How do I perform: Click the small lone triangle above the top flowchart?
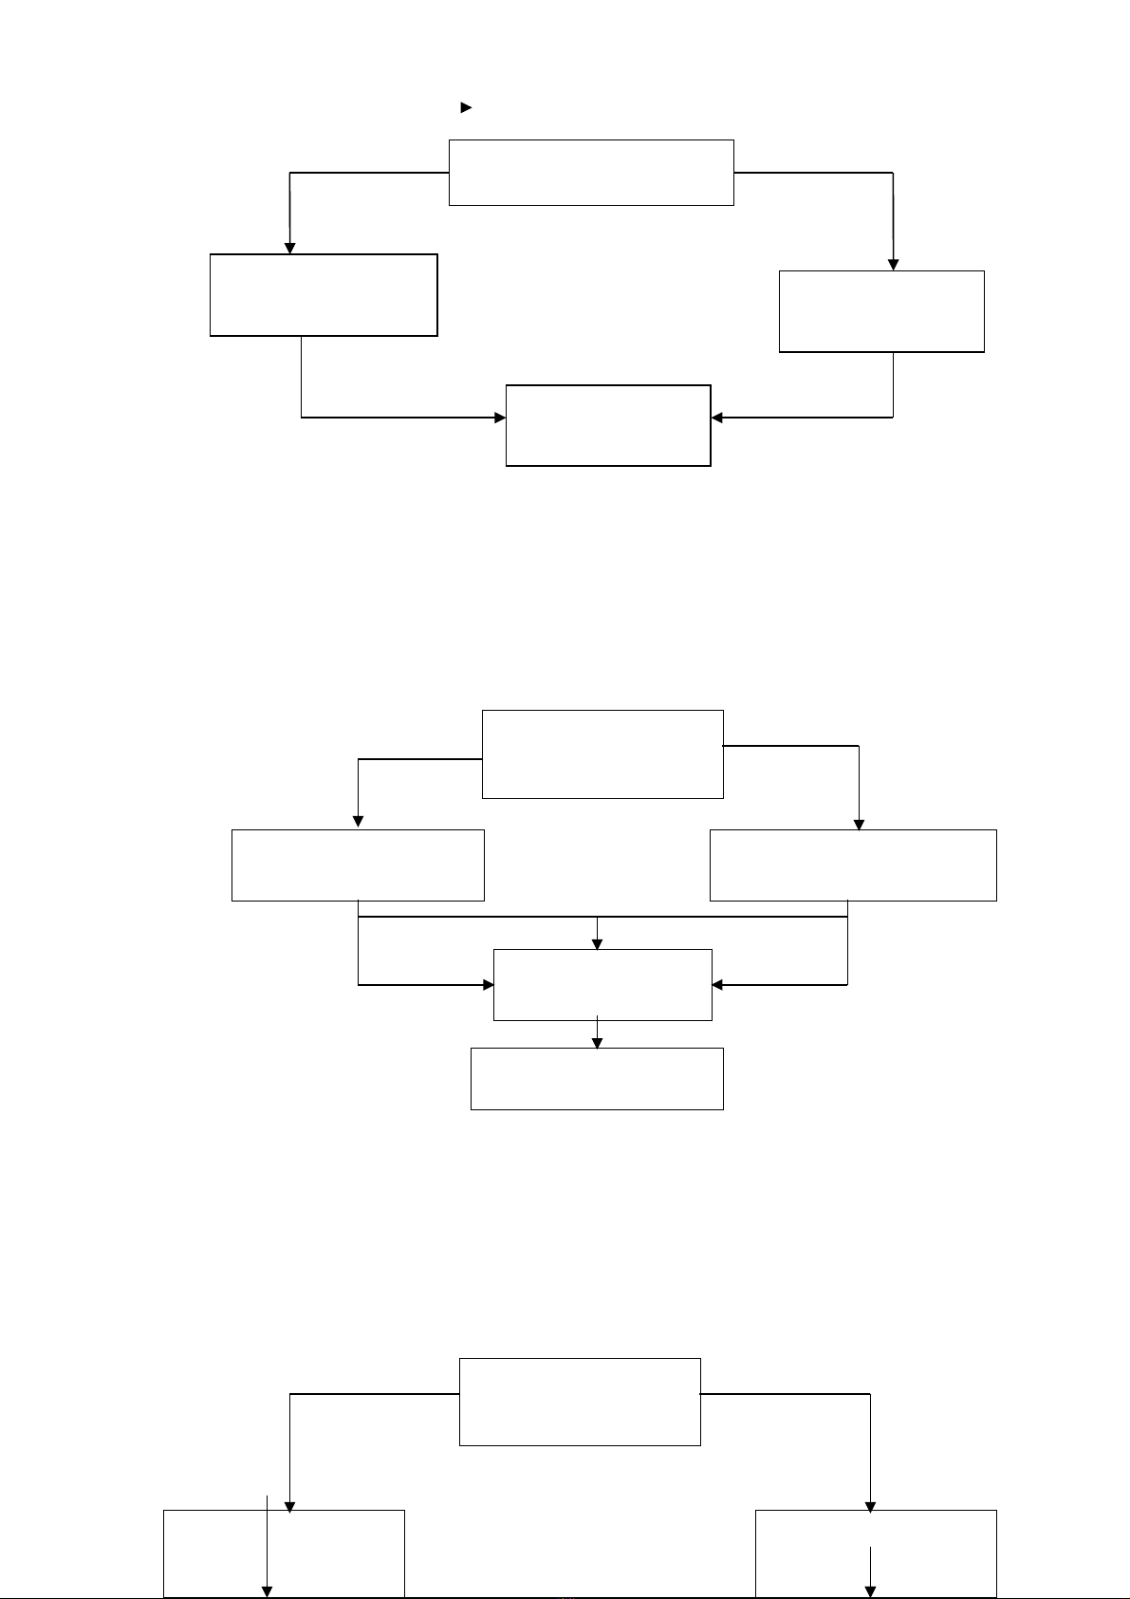pos(466,108)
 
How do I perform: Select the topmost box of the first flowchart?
pos(591,173)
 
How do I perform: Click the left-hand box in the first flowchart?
pos(324,295)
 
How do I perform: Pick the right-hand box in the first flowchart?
pos(881,312)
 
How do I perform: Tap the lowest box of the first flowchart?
pos(608,425)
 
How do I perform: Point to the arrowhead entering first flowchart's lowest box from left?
pos(500,418)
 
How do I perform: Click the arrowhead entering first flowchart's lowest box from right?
pos(717,418)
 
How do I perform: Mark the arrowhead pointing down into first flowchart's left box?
pos(290,248)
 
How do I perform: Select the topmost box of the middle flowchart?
pos(602,754)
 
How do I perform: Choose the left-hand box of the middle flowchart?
pos(358,865)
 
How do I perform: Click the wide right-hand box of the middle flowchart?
pos(853,865)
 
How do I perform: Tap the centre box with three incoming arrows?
pos(602,985)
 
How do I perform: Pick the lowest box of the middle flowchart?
pos(597,1079)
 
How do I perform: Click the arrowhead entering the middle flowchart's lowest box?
pos(597,1042)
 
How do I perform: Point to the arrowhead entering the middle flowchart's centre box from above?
pos(597,943)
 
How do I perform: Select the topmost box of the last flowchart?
pos(580,1402)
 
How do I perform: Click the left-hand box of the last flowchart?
pos(284,1553)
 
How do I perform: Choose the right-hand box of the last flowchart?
pos(876,1553)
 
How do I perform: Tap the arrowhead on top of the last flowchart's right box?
pos(870,1507)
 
